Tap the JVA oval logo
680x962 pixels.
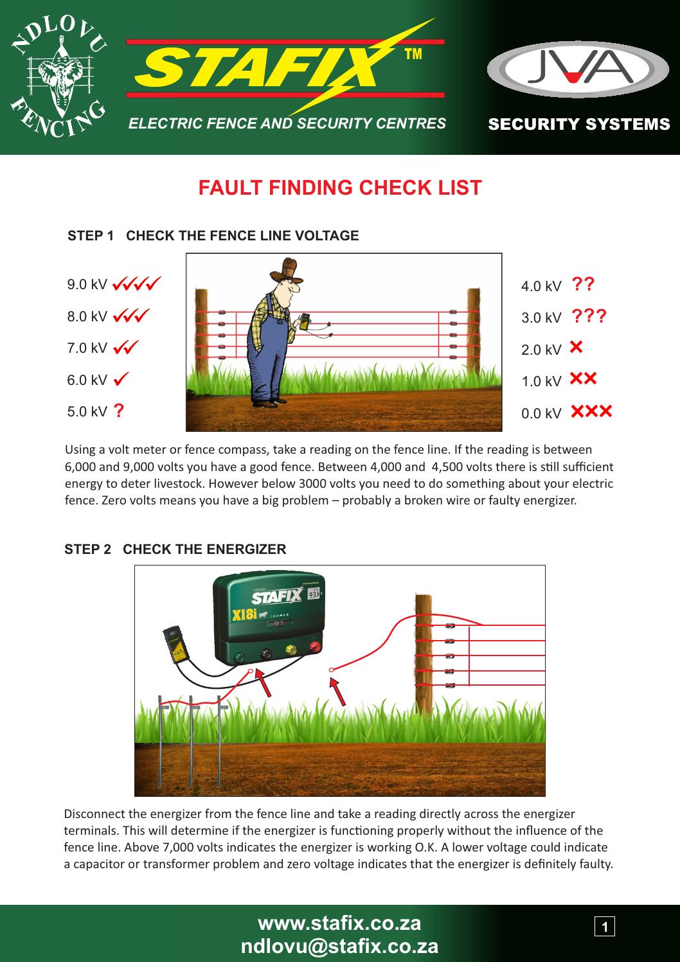[x=577, y=69]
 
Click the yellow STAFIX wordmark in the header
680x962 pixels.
[x=258, y=67]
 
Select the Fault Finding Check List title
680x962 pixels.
[x=340, y=188]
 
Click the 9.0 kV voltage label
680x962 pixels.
[x=87, y=284]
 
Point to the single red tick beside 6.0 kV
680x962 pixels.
[x=121, y=379]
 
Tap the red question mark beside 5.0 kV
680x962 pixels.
[x=119, y=411]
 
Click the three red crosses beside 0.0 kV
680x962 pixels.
[x=591, y=411]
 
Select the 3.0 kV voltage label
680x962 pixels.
[x=541, y=318]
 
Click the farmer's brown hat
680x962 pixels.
[x=285, y=270]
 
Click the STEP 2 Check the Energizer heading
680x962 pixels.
[x=175, y=549]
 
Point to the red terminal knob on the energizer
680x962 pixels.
[x=316, y=645]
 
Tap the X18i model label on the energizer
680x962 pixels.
[x=244, y=615]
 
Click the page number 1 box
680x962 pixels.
[x=604, y=926]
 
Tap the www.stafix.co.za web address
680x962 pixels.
[x=339, y=923]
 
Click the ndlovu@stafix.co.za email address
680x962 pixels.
[x=339, y=946]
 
